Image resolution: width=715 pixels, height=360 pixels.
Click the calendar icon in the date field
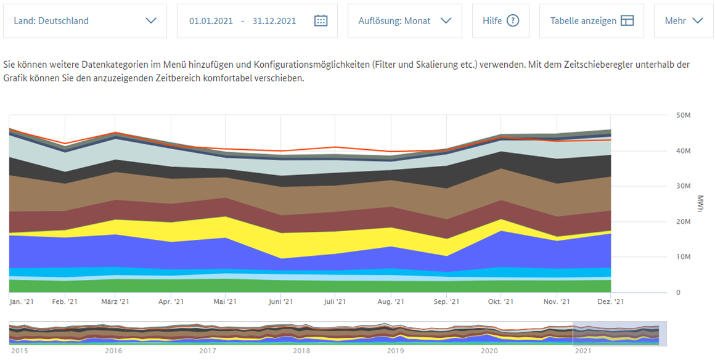coord(321,21)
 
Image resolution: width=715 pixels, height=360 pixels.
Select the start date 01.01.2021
coord(211,21)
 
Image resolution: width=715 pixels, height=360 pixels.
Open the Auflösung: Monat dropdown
coord(404,21)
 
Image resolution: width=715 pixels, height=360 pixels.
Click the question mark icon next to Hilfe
coord(513,21)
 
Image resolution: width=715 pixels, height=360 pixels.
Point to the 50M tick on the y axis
coord(683,115)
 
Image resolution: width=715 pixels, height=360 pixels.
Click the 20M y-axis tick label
coord(683,222)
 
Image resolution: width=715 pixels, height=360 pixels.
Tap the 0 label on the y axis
coord(678,292)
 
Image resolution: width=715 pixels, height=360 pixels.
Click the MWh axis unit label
coord(700,204)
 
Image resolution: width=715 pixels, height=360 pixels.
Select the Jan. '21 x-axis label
coord(22,301)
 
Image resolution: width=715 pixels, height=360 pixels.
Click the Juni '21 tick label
coord(280,301)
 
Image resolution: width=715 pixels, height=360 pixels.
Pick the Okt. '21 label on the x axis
coord(501,301)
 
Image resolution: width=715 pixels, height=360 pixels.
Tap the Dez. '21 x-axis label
coord(611,301)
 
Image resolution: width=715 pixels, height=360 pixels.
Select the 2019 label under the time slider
coord(395,351)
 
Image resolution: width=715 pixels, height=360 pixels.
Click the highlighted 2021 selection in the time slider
coord(619,333)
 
